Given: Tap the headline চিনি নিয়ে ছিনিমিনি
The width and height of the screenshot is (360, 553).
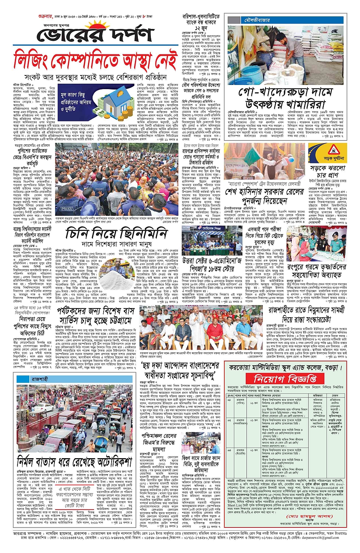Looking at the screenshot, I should [116, 233].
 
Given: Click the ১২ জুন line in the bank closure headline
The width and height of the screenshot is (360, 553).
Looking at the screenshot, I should [200, 28].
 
